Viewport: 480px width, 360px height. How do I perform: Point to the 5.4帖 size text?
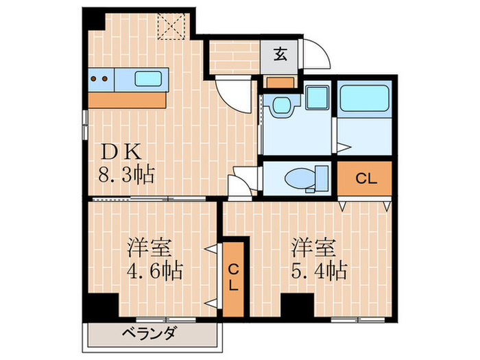point(316,270)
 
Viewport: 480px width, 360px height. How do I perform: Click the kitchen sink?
point(149,78)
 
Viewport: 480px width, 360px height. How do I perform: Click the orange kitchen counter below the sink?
point(128,100)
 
